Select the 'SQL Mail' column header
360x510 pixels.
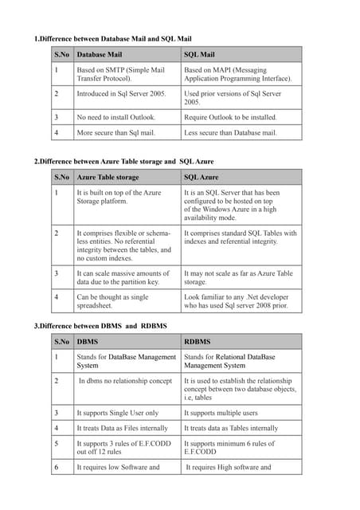pyautogui.click(x=200, y=55)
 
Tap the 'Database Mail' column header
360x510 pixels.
pyautogui.click(x=99, y=55)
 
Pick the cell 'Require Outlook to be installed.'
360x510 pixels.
pyautogui.click(x=231, y=117)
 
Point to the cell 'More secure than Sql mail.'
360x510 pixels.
pyautogui.click(x=116, y=132)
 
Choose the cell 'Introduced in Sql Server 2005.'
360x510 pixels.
pyautogui.click(x=121, y=93)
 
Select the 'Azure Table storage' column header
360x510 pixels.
pyautogui.click(x=108, y=177)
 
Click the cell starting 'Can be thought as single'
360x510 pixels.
pyautogui.click(x=112, y=300)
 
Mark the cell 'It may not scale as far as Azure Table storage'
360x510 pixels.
pyautogui.click(x=238, y=277)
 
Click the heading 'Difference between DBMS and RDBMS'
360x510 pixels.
pyautogui.click(x=100, y=327)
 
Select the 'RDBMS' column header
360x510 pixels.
pyautogui.click(x=198, y=342)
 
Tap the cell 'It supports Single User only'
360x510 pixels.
pyautogui.click(x=118, y=413)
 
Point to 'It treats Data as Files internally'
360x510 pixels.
pyautogui.click(x=122, y=428)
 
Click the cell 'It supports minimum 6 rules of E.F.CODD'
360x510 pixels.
pyautogui.click(x=229, y=447)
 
